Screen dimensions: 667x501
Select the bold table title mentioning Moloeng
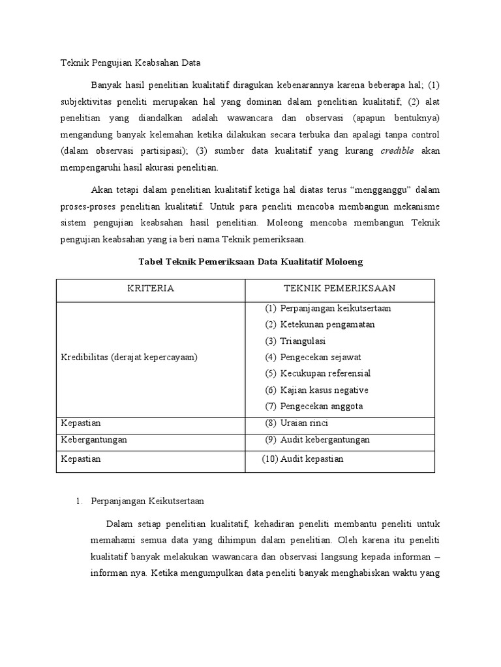250,261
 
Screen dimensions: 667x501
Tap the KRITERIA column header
150,289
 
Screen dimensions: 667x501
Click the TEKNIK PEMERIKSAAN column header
339,289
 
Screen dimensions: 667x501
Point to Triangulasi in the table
303,341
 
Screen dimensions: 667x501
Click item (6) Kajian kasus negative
316,390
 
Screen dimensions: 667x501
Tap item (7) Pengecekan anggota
314,406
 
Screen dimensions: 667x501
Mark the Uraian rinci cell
297,423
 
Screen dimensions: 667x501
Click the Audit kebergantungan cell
317,440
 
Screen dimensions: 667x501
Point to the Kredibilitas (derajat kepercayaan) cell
129,357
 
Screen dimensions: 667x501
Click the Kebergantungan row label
94,440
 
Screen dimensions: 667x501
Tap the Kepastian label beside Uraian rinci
81,423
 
